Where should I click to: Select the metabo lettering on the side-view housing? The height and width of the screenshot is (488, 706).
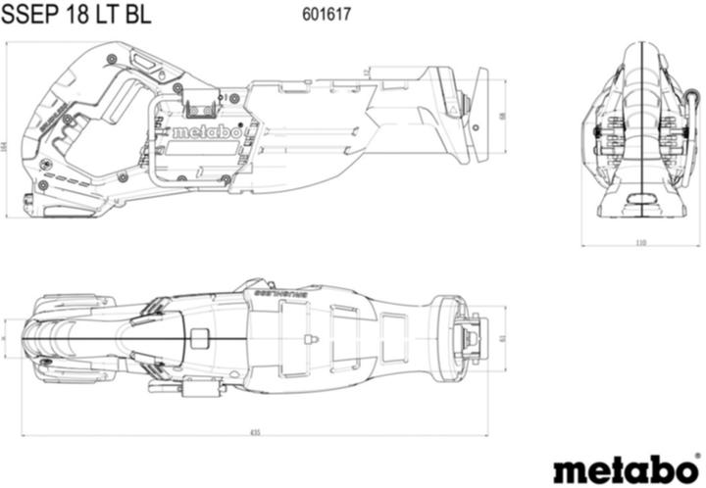206,131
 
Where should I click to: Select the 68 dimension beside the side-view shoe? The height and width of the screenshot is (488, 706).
503,116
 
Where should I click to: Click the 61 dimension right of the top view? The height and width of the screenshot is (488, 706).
503,337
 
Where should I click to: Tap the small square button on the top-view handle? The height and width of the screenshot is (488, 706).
200,340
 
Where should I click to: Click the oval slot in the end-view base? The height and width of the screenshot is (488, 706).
641,200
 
